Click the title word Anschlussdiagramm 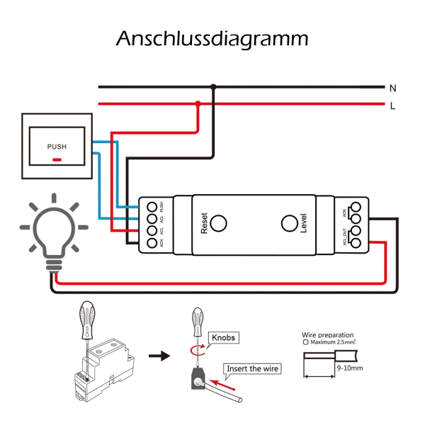click(x=212, y=38)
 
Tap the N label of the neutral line click(x=392, y=88)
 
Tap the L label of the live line click(x=392, y=106)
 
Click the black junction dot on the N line click(x=213, y=87)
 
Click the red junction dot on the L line click(x=198, y=104)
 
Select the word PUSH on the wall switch click(x=57, y=147)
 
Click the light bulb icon click(x=53, y=230)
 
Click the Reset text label click(x=205, y=224)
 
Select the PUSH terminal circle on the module click(x=152, y=207)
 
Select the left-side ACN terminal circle click(x=152, y=243)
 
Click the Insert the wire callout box click(x=253, y=368)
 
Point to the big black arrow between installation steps click(x=163, y=356)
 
